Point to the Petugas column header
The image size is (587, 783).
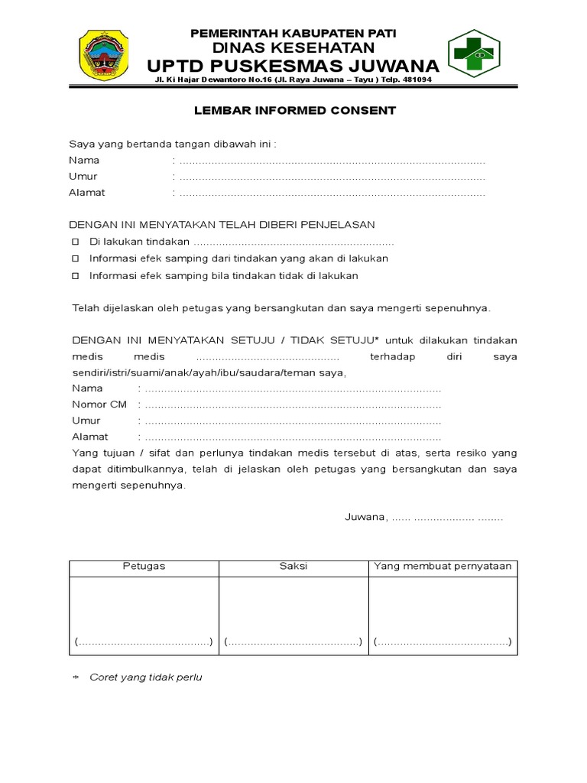click(144, 567)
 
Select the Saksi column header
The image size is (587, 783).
click(293, 567)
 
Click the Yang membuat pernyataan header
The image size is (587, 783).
click(443, 567)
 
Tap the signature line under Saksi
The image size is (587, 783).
click(293, 642)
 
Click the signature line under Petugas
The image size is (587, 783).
click(144, 642)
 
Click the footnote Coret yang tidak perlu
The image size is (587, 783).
click(145, 677)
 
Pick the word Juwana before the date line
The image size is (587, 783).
click(365, 518)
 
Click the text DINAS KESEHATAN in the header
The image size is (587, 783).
click(293, 47)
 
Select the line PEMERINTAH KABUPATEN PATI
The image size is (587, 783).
click(293, 33)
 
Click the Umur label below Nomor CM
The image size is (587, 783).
click(86, 421)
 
